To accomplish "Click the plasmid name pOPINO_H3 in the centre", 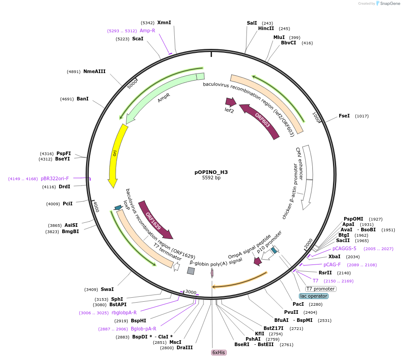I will tap(211, 172).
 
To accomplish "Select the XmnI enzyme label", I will tap(164, 22).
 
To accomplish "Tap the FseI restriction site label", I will tap(344, 116).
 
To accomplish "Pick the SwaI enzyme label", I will tap(107, 289).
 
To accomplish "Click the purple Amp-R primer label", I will tap(147, 30).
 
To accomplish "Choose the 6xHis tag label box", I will tap(219, 352).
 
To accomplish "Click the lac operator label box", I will tap(314, 296).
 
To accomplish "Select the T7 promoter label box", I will tap(320, 289).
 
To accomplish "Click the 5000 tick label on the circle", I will tap(133, 83).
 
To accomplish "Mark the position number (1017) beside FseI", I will tap(362, 116).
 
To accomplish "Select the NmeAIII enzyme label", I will tap(94, 71).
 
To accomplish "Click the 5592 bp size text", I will tap(211, 178).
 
